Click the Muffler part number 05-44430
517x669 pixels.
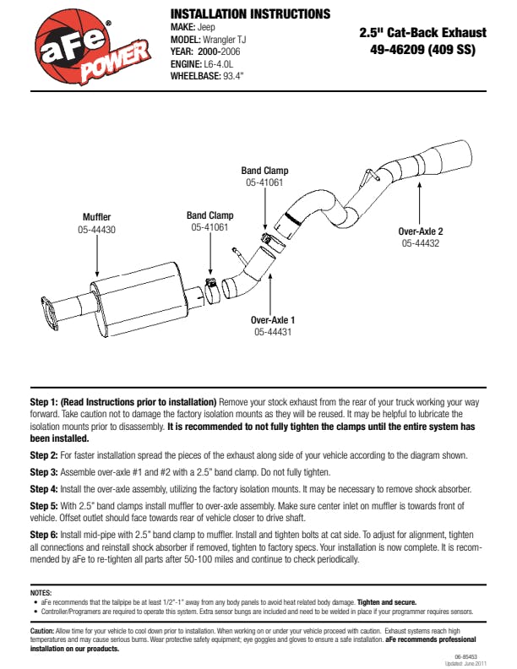pos(97,229)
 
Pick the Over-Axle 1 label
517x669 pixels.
pos(273,320)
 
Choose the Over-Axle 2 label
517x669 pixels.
pos(420,231)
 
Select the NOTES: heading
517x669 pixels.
pos(41,593)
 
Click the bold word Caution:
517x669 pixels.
pos(42,631)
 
